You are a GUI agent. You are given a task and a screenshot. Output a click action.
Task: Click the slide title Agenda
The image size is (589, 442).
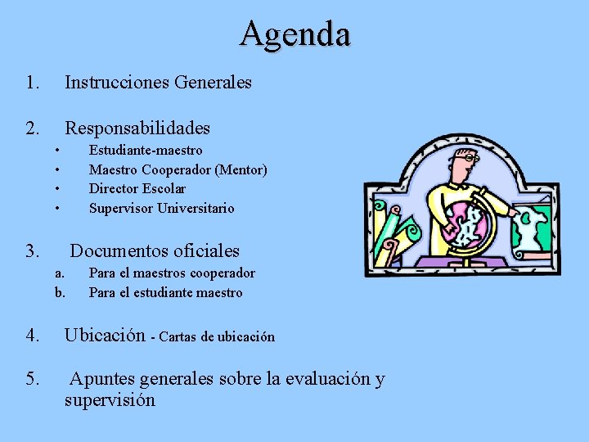coord(295,34)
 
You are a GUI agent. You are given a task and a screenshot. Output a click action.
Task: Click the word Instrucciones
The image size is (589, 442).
coord(110,83)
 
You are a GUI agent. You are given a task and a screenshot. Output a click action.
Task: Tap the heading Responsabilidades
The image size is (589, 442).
coord(137,129)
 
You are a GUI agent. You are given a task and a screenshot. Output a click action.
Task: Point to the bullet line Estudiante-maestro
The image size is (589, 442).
coord(146,151)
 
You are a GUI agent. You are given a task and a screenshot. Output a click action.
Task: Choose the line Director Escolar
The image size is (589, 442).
coord(137,189)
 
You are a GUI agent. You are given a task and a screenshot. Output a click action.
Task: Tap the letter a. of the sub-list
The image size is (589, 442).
coord(59,273)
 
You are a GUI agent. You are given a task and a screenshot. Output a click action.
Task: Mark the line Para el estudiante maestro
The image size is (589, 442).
coord(165,293)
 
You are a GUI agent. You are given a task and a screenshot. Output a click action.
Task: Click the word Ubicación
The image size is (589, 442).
coord(106,336)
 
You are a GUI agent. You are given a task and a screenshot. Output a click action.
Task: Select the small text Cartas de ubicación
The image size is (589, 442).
coord(217,337)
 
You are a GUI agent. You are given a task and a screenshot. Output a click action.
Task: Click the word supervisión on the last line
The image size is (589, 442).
coord(110,400)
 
